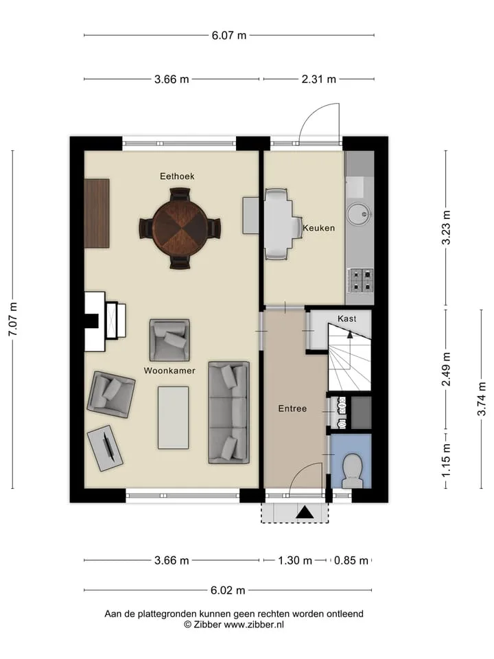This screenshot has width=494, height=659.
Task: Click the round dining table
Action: click(180, 228)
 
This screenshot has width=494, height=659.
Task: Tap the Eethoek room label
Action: click(177, 176)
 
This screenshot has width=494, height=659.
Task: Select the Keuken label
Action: click(319, 228)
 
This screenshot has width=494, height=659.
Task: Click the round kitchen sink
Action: click(358, 214)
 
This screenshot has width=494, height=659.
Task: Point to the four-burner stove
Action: click(360, 280)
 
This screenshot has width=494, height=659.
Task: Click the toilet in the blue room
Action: click(353, 471)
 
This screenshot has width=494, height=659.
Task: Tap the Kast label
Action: click(347, 319)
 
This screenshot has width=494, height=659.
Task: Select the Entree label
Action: click(292, 408)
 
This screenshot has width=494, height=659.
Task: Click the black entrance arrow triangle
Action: click(305, 512)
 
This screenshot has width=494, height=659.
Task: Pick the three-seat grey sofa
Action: click(229, 413)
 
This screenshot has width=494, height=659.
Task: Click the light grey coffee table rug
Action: click(173, 418)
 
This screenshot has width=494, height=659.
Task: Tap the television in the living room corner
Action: click(106, 448)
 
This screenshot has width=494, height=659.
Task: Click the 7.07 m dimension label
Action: click(13, 319)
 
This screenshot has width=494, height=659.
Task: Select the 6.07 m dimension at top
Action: click(229, 35)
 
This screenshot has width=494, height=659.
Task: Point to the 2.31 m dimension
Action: click(319, 79)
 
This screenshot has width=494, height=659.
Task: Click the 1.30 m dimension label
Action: click(295, 560)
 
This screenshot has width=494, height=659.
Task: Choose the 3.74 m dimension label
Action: click(482, 399)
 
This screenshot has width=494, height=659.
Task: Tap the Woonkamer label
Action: click(169, 371)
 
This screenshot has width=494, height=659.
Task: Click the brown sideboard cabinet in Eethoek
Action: click(97, 213)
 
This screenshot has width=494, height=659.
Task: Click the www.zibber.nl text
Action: click(254, 625)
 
